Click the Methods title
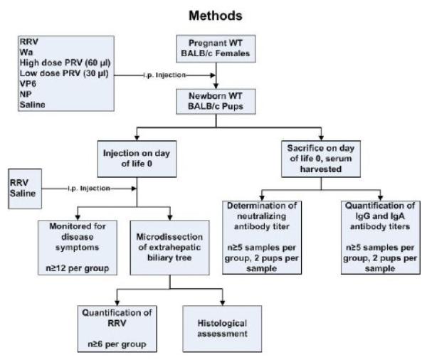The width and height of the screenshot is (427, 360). coord(213,14)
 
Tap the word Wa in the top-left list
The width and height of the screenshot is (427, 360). coord(27,51)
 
